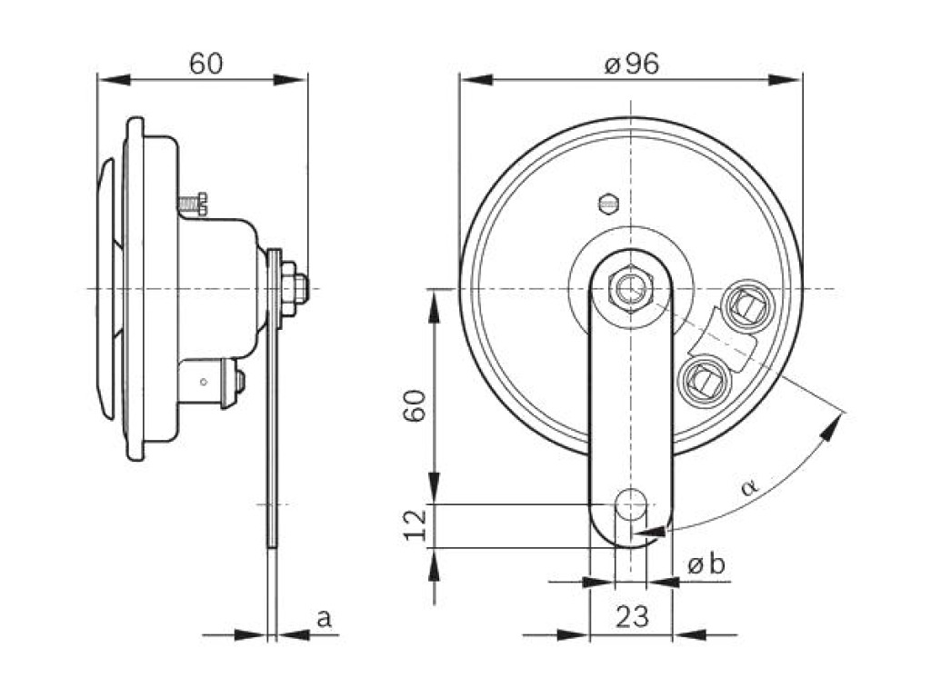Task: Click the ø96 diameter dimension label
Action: (631, 64)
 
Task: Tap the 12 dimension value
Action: (415, 523)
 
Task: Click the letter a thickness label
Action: (323, 618)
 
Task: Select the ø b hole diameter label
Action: (706, 564)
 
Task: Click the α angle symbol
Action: (749, 487)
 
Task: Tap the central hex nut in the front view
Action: (631, 289)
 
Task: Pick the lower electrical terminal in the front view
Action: (705, 379)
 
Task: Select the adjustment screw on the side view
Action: (193, 204)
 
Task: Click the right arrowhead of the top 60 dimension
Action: (290, 80)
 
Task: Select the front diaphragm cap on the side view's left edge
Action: (107, 289)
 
